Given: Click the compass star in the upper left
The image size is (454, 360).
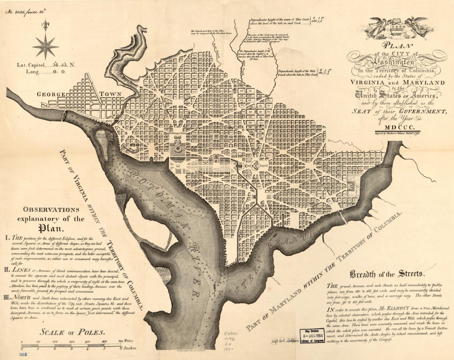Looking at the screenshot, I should [x=45, y=46].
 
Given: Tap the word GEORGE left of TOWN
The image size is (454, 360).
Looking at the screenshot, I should [x=51, y=94].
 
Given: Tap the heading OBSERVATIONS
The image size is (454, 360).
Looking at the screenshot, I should [x=51, y=209].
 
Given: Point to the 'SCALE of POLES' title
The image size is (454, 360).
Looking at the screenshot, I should [x=72, y=332].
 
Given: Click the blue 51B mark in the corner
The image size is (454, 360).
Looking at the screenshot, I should [x=24, y=354].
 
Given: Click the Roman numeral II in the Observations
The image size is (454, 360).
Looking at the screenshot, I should [x=9, y=270].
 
